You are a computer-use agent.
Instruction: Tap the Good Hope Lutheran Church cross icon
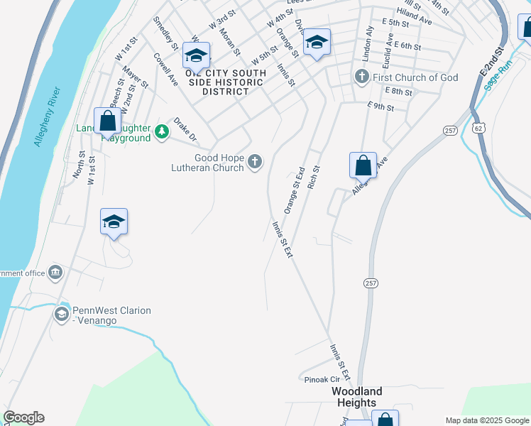(x=255, y=163)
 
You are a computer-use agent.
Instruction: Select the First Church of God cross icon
(x=361, y=77)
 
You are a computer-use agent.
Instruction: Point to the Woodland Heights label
(x=358, y=397)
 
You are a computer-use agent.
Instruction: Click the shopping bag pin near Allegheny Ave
(x=363, y=165)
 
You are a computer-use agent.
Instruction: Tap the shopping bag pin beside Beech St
(x=108, y=121)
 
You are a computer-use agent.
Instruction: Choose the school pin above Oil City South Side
(x=196, y=55)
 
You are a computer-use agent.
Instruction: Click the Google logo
(x=23, y=417)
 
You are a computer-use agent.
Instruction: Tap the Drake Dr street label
(x=185, y=129)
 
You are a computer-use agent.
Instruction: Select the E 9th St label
(x=381, y=106)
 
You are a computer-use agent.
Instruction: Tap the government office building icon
(x=55, y=273)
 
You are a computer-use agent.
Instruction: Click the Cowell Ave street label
(x=166, y=70)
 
